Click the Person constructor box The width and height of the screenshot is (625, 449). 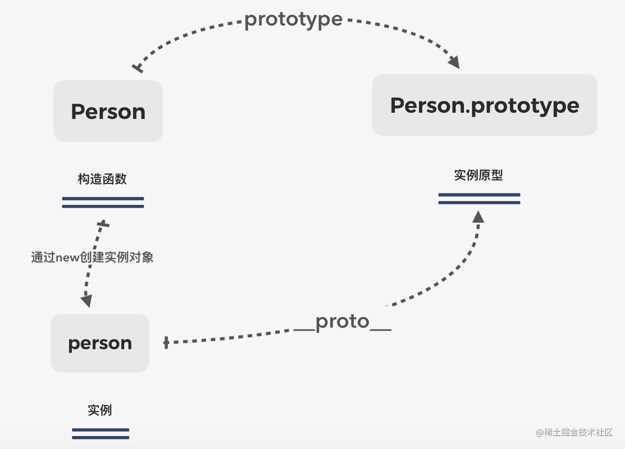[x=108, y=111]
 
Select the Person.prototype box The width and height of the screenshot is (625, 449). [x=484, y=105]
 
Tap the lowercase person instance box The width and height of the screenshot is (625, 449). [x=100, y=343]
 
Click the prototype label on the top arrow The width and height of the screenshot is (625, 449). [x=293, y=19]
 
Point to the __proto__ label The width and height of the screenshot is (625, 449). [x=342, y=321]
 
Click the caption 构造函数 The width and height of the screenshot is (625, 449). [x=102, y=179]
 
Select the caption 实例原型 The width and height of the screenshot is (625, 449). [x=478, y=175]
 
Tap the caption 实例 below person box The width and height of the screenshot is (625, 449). [x=100, y=410]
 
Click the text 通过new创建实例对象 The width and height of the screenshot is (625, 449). [x=92, y=257]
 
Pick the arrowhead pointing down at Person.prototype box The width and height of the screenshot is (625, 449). [x=453, y=62]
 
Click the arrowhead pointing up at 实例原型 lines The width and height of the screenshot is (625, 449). [x=478, y=217]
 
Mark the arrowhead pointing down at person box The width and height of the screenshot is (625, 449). [x=86, y=301]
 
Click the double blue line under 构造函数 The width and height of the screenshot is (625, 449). [x=103, y=202]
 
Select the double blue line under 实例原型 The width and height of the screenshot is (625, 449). [x=479, y=199]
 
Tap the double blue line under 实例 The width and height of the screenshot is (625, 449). [x=101, y=434]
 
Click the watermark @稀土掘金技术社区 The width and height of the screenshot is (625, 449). [x=574, y=432]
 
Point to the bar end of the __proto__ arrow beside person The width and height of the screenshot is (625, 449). [x=166, y=343]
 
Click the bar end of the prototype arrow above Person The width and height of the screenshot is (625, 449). [x=138, y=68]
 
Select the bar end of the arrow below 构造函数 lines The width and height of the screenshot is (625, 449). [x=103, y=224]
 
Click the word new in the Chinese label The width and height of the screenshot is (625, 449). [x=67, y=258]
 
